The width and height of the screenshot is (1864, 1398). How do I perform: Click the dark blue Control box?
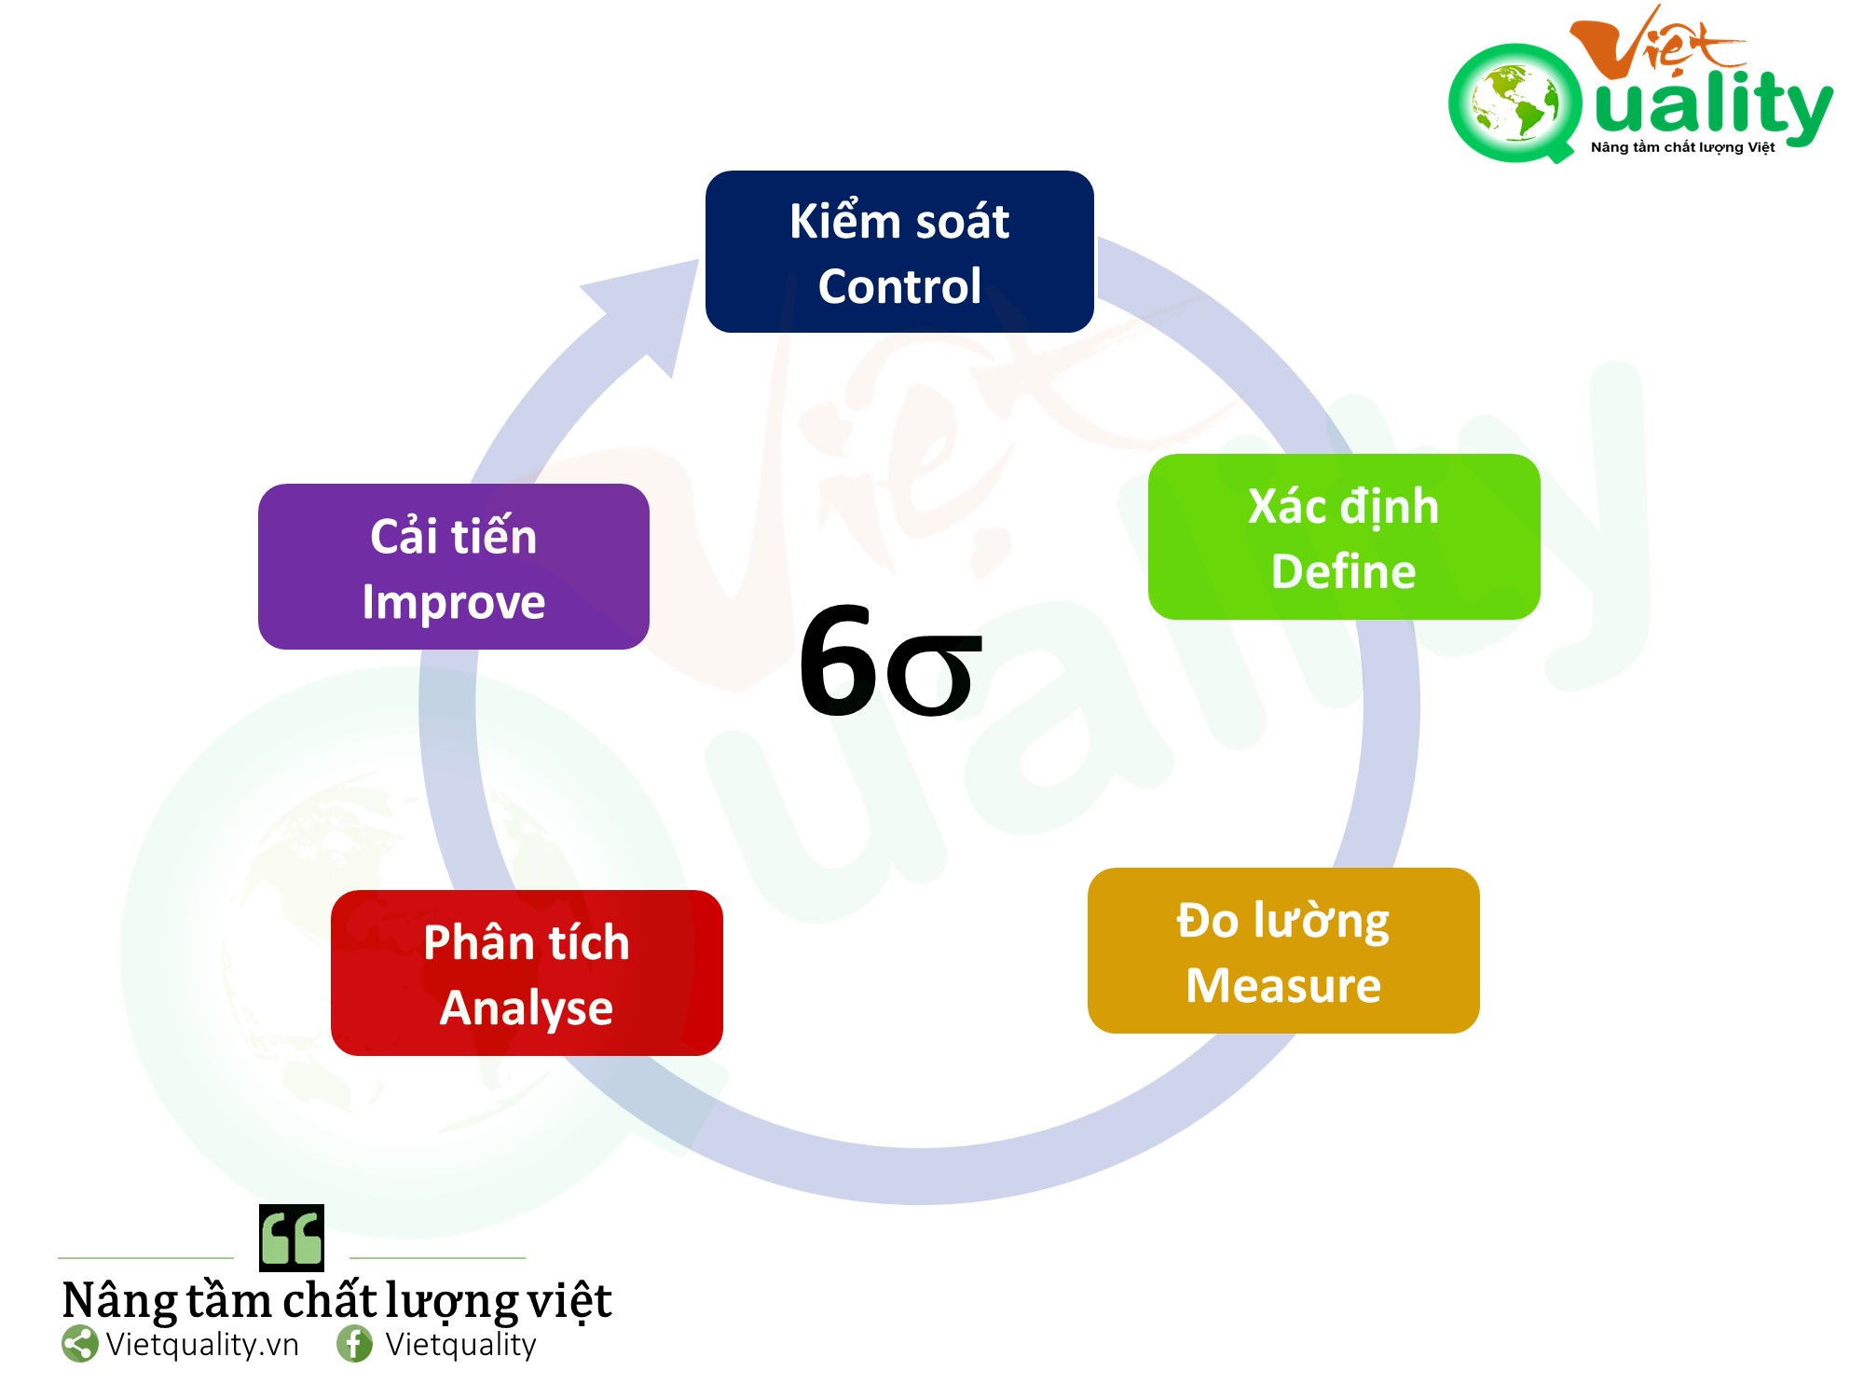tap(899, 252)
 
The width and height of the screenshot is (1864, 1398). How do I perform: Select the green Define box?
tap(1344, 537)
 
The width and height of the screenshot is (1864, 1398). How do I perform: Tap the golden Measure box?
tap(1283, 951)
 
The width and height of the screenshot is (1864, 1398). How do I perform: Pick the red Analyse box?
tap(527, 973)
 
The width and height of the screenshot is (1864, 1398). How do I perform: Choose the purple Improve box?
tap(454, 567)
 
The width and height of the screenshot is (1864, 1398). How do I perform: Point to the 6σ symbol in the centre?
tap(890, 662)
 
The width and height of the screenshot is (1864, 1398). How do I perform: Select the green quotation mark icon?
tap(292, 1238)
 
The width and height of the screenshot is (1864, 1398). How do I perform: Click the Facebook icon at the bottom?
tap(354, 1344)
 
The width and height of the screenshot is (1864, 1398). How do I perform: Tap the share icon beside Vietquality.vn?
tap(80, 1344)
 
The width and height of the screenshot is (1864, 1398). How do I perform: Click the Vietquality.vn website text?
tap(202, 1344)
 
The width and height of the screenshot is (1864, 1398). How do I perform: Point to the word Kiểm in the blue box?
tap(840, 222)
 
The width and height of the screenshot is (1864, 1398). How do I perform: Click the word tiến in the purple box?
tap(495, 536)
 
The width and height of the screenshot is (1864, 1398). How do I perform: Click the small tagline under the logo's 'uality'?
tap(1682, 147)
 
